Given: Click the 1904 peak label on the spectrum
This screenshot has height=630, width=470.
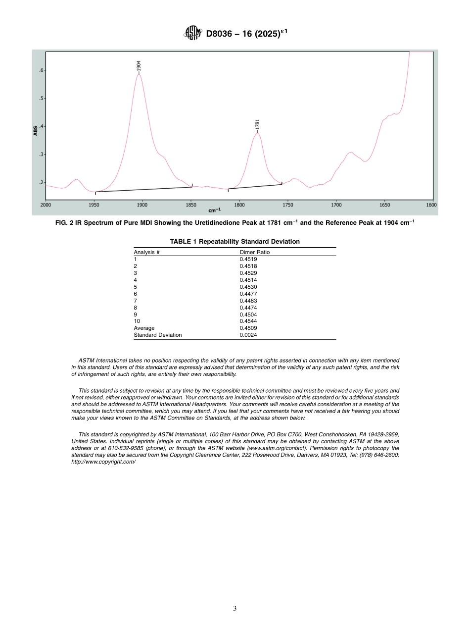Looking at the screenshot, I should coord(139,66).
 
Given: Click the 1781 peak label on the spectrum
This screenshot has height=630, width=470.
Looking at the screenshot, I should coord(257,124).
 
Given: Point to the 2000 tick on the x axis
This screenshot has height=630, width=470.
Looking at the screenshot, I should coord(45,205).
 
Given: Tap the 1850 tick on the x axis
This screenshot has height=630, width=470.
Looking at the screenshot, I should coord(191,205).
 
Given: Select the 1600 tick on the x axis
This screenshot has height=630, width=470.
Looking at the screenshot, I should coord(431,205).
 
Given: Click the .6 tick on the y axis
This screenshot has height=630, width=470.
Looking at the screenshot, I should coord(41,70).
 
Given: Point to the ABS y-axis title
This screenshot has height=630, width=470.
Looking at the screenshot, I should coord(35,131).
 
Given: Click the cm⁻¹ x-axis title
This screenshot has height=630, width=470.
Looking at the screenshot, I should coord(214,210).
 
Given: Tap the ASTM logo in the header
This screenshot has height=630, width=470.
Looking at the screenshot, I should coord(193,33).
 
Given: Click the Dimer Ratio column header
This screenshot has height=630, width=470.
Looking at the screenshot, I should coord(254,252).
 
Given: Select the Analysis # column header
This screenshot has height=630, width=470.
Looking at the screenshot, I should coord(146,252).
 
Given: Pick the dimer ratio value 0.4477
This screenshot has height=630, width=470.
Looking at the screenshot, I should coord(248,294).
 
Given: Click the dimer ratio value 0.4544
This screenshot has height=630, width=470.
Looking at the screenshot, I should coord(248,321).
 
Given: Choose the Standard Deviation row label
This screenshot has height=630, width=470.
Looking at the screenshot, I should coord(157,335).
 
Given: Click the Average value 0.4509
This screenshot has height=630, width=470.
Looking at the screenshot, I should coord(248,328).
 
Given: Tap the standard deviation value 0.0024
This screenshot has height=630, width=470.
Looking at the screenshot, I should coord(248,335).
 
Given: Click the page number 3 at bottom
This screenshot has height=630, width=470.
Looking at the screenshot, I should coord(235,608).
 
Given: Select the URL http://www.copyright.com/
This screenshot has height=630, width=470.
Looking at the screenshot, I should coord(103,462).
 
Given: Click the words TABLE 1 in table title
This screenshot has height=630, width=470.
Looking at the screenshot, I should coord(184,242).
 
